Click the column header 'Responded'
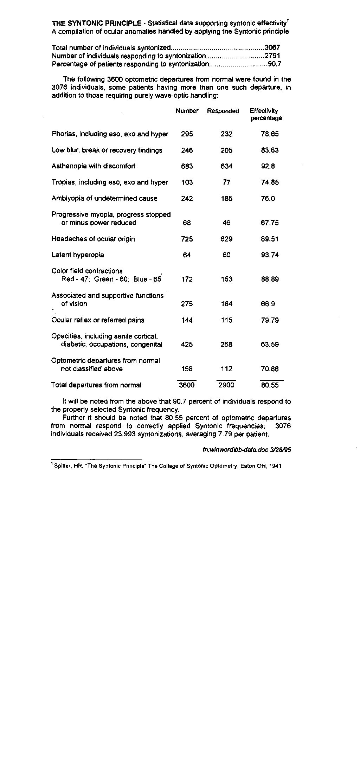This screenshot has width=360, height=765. click(223, 111)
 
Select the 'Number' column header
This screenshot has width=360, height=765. click(187, 111)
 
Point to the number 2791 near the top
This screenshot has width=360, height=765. click(272, 56)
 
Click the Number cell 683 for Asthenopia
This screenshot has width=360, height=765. click(187, 166)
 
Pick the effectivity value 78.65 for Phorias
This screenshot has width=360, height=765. click(270, 134)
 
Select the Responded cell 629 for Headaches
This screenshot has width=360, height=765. click(226, 239)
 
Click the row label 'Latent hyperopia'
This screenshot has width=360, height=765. click(78, 255)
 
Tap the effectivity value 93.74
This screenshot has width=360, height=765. click(270, 255)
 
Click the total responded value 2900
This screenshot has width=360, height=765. click(226, 385)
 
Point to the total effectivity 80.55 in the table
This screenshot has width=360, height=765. click(270, 385)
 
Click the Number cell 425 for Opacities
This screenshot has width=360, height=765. click(187, 345)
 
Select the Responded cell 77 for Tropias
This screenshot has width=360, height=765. click(226, 182)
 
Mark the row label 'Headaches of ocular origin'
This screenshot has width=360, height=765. click(93, 239)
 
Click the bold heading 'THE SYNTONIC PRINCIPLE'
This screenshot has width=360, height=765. click(97, 24)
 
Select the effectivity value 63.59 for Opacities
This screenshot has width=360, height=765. click(270, 345)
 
